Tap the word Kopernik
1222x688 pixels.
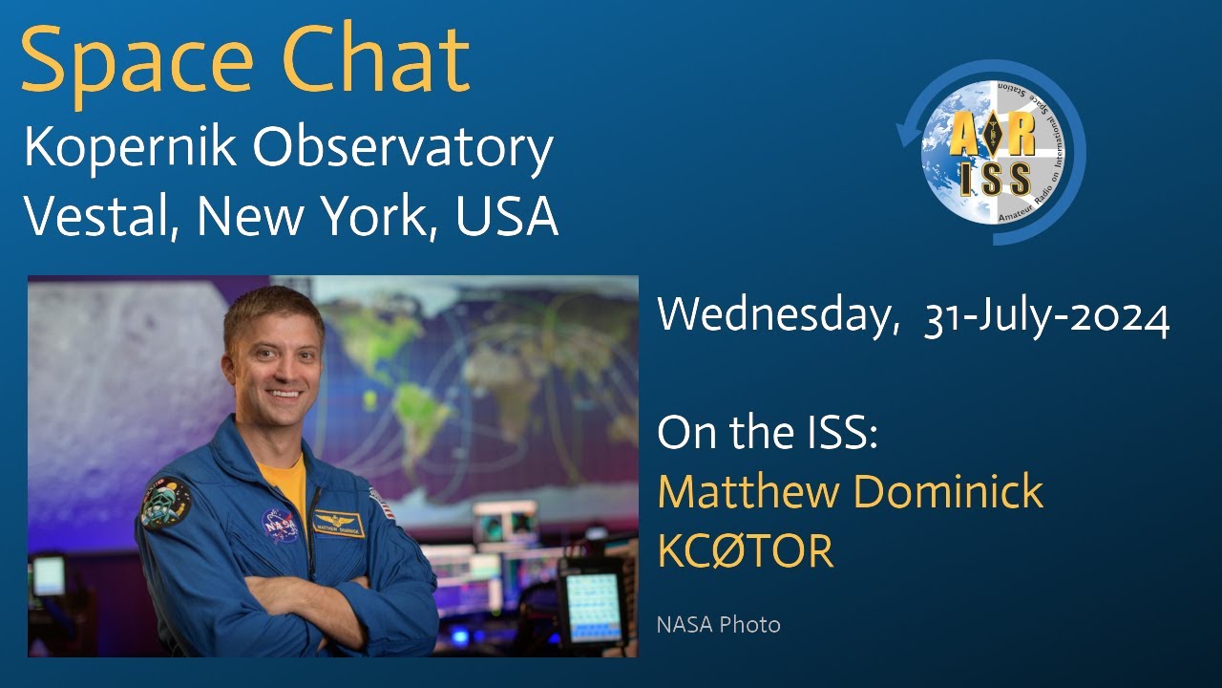[x=130, y=151]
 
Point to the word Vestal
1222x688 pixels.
[x=101, y=218]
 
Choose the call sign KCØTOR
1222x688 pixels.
[x=745, y=551]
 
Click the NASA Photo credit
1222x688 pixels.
[x=718, y=625]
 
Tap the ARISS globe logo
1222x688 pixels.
[x=993, y=153]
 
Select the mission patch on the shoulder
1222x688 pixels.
[x=165, y=502]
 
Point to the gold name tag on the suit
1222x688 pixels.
[x=338, y=524]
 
